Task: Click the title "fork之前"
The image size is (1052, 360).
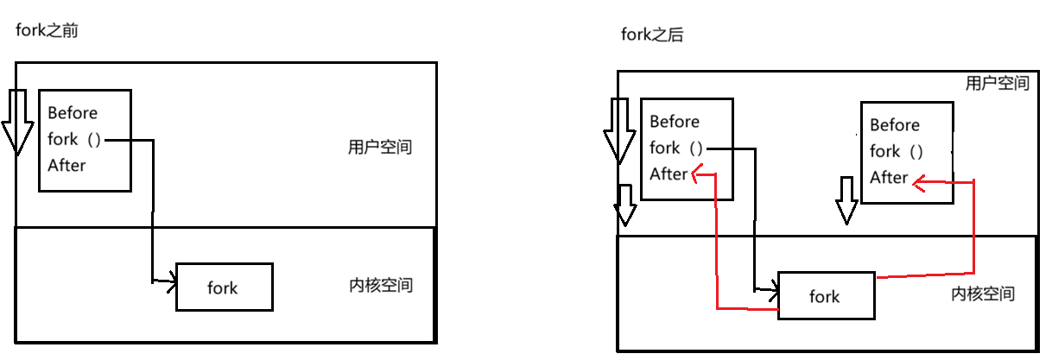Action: [x=48, y=31]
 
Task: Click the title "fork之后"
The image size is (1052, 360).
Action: [x=653, y=35]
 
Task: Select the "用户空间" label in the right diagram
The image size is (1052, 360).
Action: [x=997, y=84]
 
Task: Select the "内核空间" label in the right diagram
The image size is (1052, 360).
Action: [x=983, y=294]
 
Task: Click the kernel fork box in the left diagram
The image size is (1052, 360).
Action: [x=224, y=287]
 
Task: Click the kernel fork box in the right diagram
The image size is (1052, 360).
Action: [x=826, y=296]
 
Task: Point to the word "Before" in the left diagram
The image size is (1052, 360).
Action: [x=73, y=113]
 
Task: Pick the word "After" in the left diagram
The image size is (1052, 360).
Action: [x=67, y=166]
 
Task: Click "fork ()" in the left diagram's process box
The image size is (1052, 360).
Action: [x=75, y=139]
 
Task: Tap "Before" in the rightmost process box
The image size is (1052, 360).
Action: [x=895, y=125]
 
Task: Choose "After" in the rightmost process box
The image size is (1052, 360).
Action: [x=890, y=178]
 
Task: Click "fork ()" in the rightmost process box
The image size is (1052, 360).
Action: [x=897, y=152]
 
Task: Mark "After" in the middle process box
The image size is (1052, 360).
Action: [x=669, y=174]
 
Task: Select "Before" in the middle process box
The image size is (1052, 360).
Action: [x=675, y=122]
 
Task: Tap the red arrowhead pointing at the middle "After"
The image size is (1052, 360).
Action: [x=697, y=174]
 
